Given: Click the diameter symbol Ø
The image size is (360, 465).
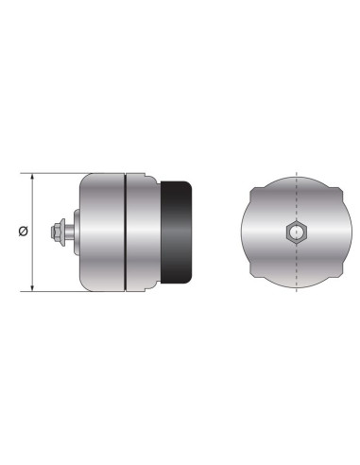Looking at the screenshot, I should coord(24,232).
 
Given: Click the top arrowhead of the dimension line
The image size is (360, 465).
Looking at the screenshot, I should coord(34,177).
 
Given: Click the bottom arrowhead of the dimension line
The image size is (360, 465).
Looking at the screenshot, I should coord(34,288).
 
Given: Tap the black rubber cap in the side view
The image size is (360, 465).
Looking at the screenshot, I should coord(177,232).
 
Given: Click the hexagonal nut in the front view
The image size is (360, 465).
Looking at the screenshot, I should coord(297,232).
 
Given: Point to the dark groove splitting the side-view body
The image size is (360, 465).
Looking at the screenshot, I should coord(126,232).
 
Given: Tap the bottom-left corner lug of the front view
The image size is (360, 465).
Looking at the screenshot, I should coord(258,276).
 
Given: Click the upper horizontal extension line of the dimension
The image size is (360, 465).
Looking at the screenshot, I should coord(57,173).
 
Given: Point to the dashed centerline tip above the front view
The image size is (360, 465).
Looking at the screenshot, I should coord(297,171).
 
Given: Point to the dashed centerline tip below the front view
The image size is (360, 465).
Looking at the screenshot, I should coord(297,294).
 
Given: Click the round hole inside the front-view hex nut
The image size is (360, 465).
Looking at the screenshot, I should coord(297,232).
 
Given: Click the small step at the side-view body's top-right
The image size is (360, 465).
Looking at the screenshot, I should coord(150,178).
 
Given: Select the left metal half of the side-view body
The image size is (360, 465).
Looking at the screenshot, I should coord(102,232).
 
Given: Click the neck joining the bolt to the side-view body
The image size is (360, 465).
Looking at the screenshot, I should coord(76,232).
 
